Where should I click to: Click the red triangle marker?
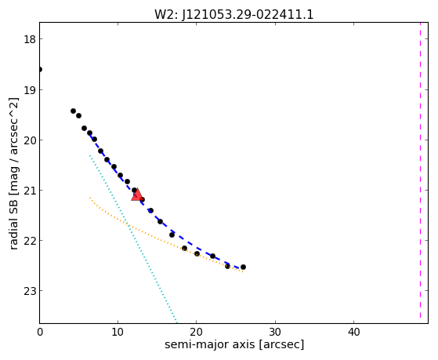pyautogui.click(x=137, y=195)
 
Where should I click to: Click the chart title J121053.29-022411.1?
pyautogui.click(x=248, y=15)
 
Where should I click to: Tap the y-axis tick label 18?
pyautogui.click(x=30, y=39)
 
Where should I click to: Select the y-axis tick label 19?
pyautogui.click(x=30, y=89)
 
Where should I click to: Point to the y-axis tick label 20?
pyautogui.click(x=30, y=140)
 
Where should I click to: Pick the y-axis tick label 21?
pyautogui.click(x=30, y=191)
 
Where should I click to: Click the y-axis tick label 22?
pyautogui.click(x=30, y=240)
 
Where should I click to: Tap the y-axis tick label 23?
pyautogui.click(x=30, y=291)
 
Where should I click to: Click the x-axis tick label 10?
pyautogui.click(x=118, y=332)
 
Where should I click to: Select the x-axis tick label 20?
pyautogui.click(x=197, y=332)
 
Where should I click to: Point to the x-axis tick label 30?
pyautogui.click(x=275, y=332)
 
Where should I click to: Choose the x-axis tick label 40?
pyautogui.click(x=353, y=332)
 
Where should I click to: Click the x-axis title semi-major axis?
pyautogui.click(x=209, y=344)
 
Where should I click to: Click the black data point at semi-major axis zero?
pyautogui.click(x=40, y=69)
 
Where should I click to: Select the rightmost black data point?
pyautogui.click(x=244, y=267)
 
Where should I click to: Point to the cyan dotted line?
pyautogui.click(x=133, y=238)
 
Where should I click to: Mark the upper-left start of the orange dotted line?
pyautogui.click(x=89, y=198)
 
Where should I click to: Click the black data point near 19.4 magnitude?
pyautogui.click(x=73, y=111)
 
